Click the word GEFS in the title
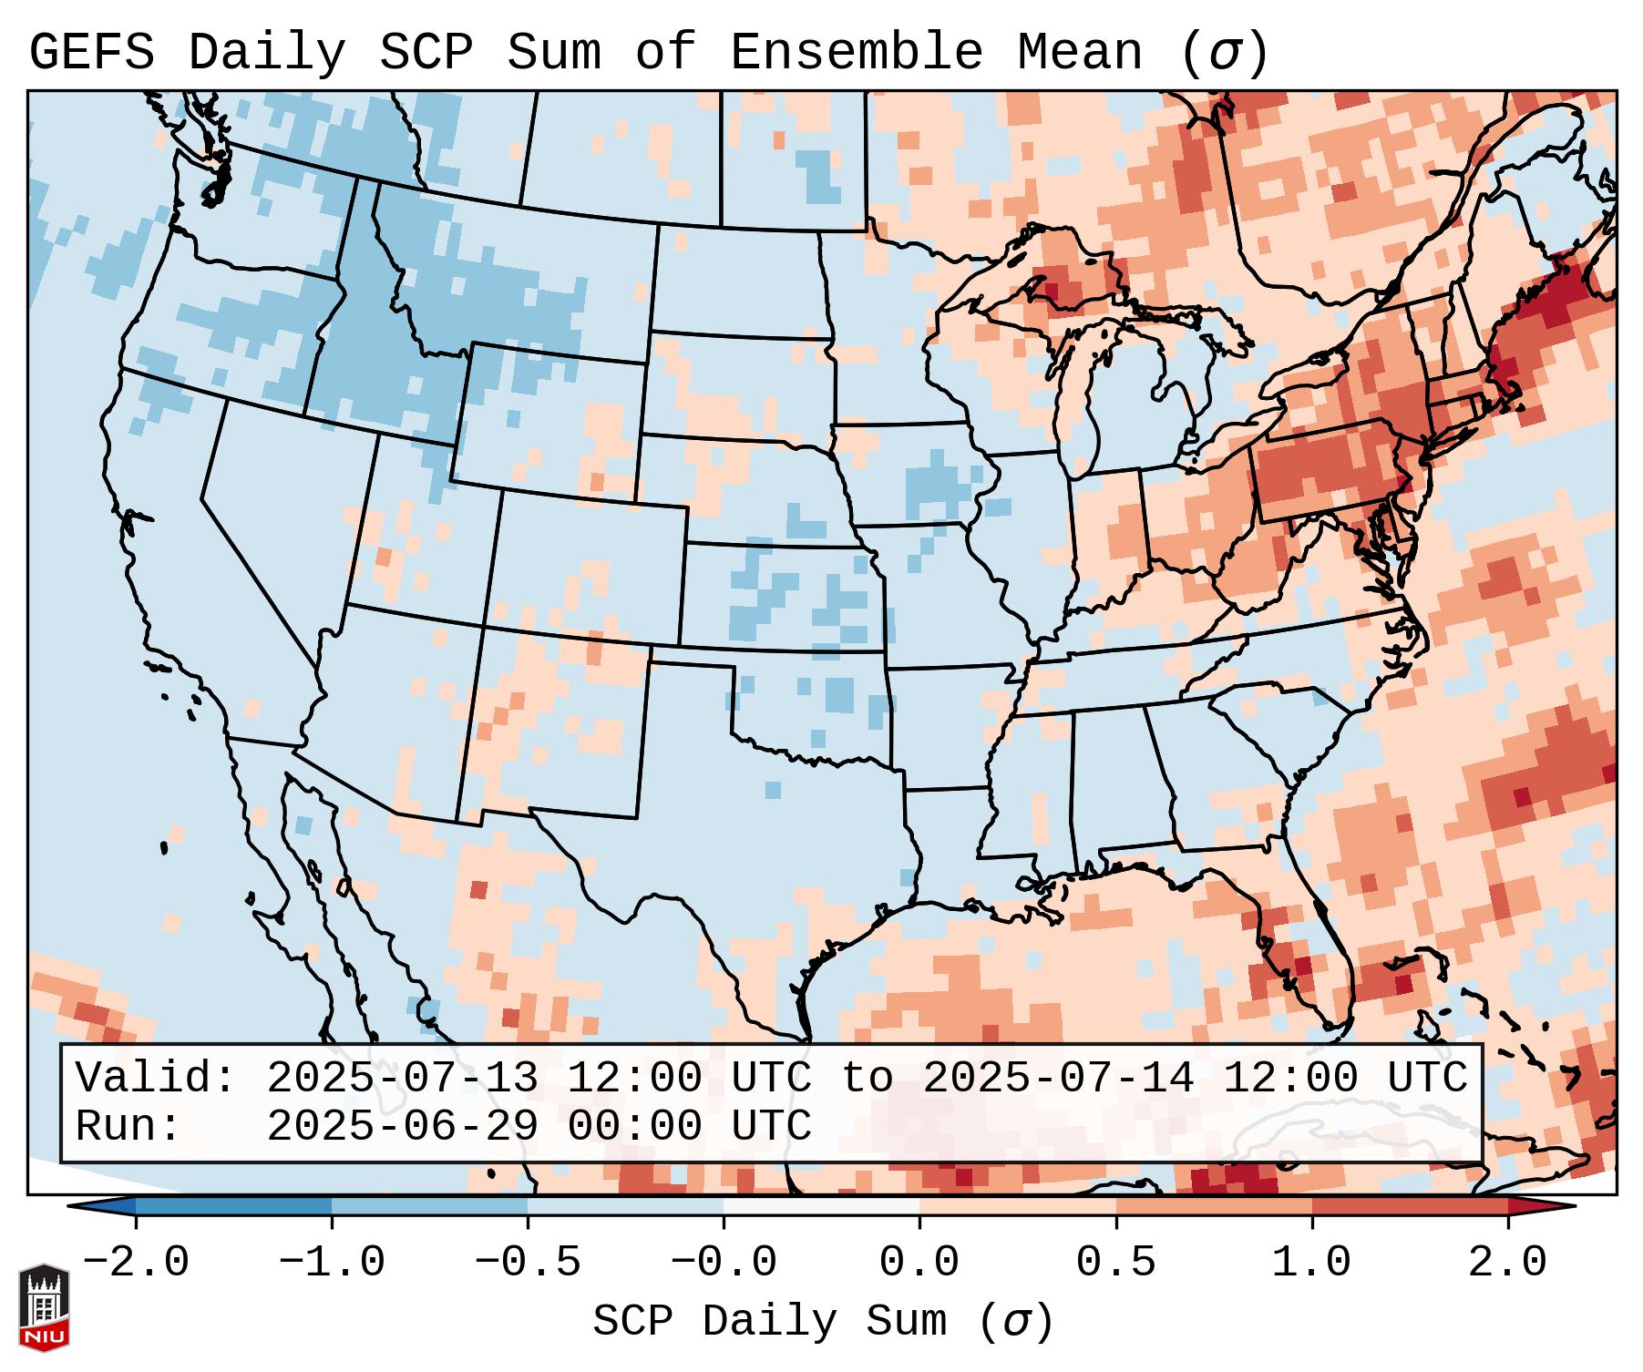tap(91, 53)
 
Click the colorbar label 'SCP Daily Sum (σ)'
tap(823, 1322)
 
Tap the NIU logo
tap(44, 1307)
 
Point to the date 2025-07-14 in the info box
tap(1057, 1078)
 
